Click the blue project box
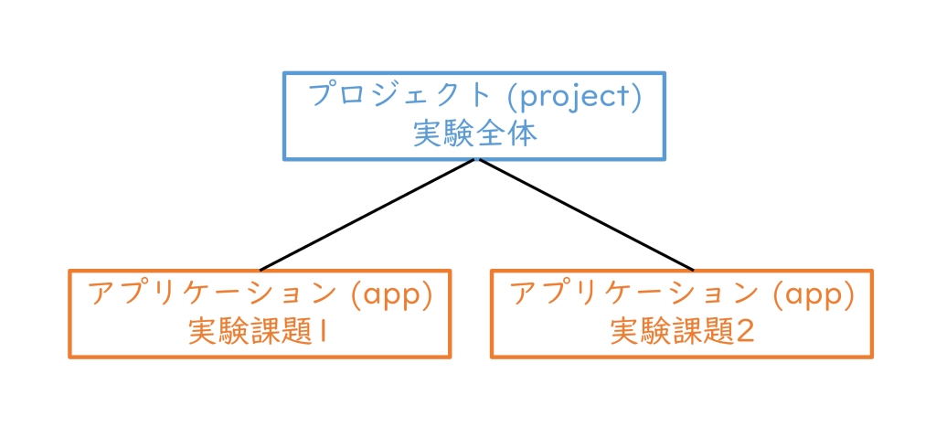click(474, 116)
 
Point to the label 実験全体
click(474, 134)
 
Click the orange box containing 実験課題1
click(260, 314)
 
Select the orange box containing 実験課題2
click(682, 314)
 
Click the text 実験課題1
click(260, 332)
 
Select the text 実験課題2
click(682, 332)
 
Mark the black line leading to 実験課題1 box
click(367, 216)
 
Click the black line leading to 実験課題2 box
click(585, 216)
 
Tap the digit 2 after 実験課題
click(745, 332)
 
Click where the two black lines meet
click(476, 161)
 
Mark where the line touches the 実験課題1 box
click(261, 270)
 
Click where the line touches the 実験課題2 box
click(694, 270)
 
